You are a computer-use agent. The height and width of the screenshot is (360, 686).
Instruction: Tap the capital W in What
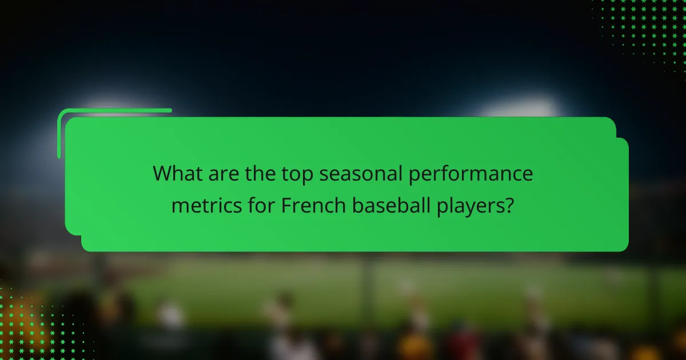(x=162, y=174)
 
